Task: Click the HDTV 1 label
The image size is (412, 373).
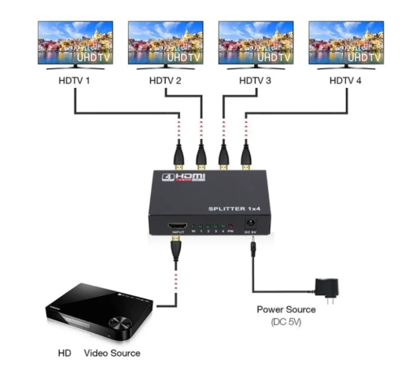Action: [x=74, y=80]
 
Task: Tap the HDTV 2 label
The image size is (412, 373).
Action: [x=164, y=80]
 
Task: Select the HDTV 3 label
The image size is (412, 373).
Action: [x=255, y=80]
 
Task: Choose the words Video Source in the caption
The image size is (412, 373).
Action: [x=112, y=353]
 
